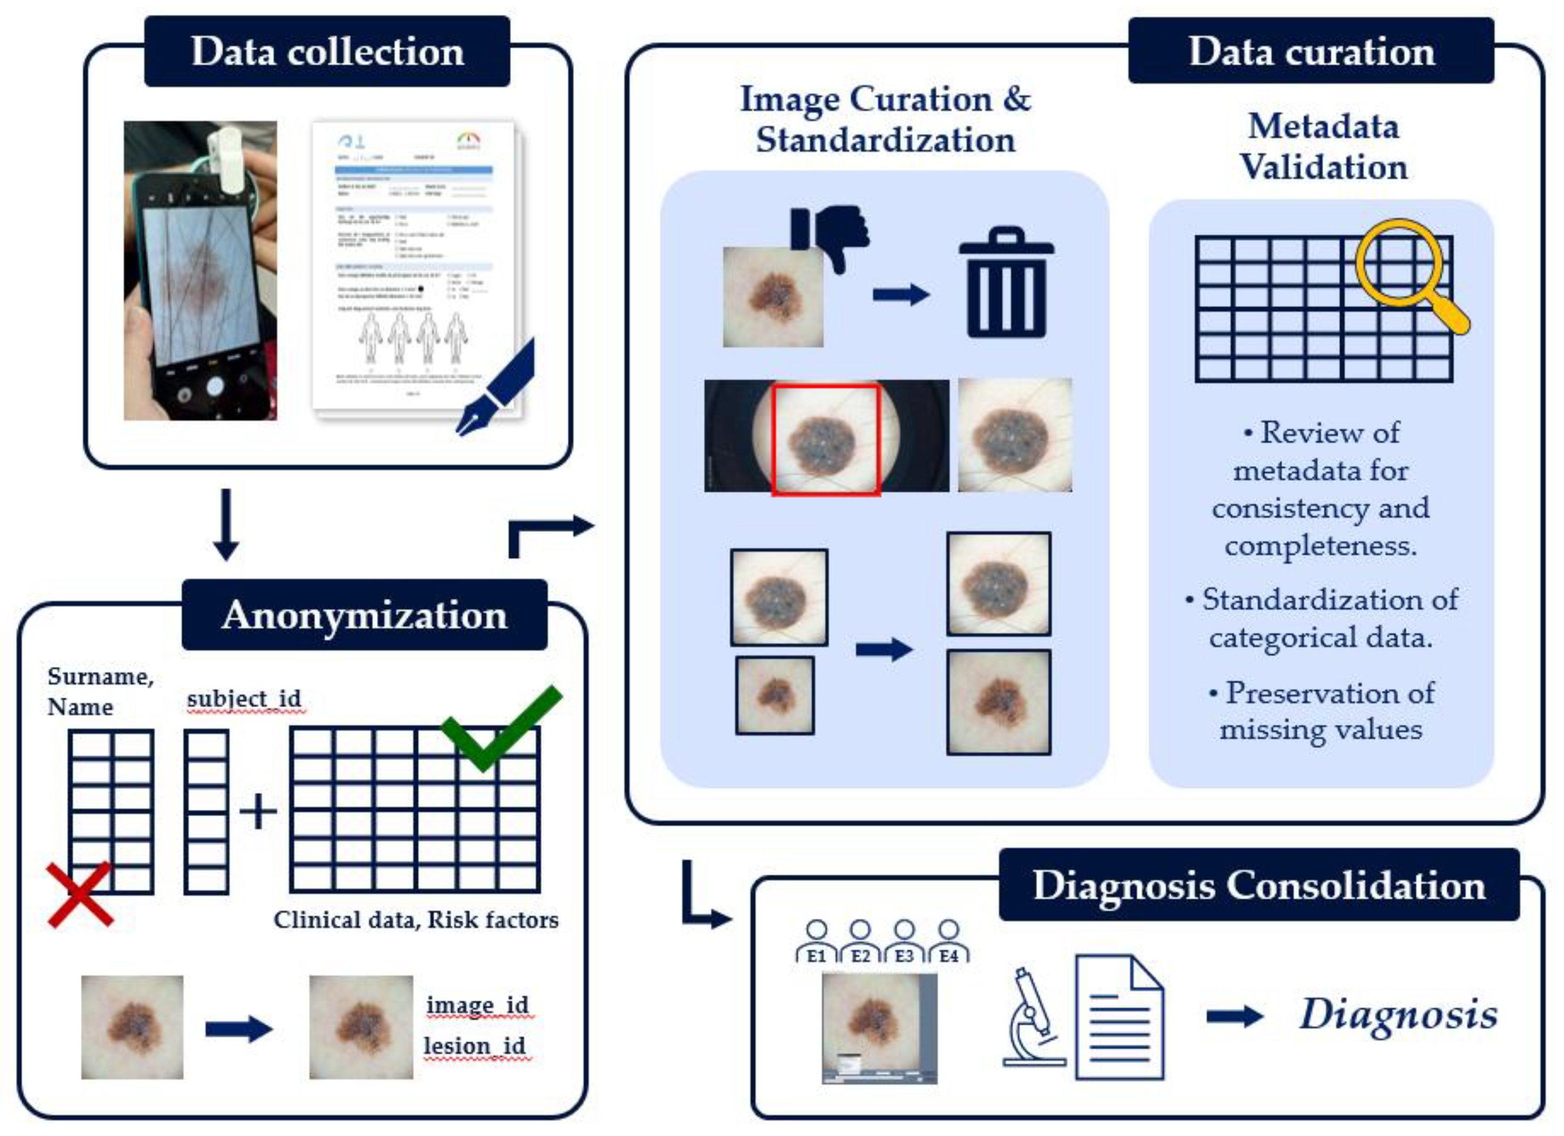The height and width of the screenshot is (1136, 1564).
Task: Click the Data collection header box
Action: (327, 52)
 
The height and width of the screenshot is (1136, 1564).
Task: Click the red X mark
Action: (80, 895)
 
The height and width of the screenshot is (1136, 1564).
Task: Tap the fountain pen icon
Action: (497, 389)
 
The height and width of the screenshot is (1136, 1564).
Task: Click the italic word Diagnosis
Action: (1399, 1015)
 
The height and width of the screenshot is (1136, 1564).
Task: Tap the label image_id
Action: (477, 1005)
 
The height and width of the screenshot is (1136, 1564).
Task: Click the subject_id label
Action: (244, 699)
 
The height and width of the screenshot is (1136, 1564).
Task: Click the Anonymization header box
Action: (364, 615)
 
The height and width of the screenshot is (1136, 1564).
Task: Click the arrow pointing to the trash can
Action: (901, 295)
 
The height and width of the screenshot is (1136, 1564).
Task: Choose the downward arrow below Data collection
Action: (226, 524)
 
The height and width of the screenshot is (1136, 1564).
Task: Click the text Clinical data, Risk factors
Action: (416, 920)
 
